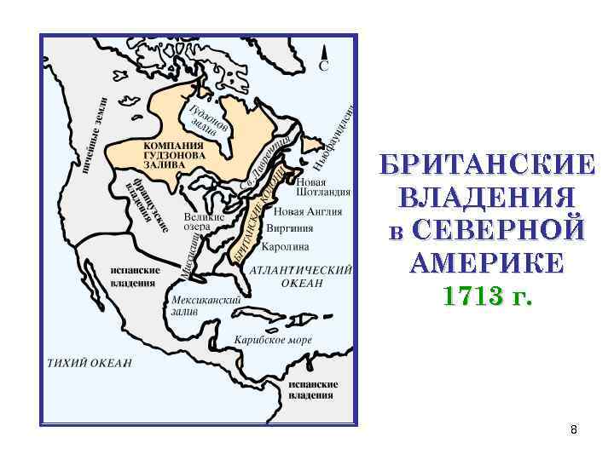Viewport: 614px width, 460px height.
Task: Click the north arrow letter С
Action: tap(325, 66)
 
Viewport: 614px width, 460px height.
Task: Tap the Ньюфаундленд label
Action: tap(338, 133)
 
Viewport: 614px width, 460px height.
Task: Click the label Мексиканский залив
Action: tap(206, 306)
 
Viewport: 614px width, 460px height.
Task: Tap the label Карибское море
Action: tap(274, 339)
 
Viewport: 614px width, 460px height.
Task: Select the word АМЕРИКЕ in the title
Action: tap(486, 263)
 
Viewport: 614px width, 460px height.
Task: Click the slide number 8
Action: tap(574, 429)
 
